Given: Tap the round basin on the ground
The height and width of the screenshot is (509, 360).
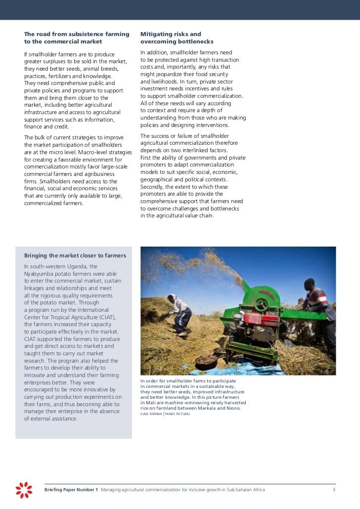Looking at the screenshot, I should (x=207, y=360).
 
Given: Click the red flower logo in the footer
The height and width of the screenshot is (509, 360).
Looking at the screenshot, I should (x=24, y=489).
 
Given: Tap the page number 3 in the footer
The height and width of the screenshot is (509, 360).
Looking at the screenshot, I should (x=334, y=490).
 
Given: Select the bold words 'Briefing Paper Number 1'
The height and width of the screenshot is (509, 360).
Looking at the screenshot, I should (x=71, y=490).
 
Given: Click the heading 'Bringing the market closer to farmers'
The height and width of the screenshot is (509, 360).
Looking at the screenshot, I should (x=75, y=255).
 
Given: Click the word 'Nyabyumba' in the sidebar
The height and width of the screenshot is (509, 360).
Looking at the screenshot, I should (x=41, y=274).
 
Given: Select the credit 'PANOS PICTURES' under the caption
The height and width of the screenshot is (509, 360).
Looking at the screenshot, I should (x=177, y=414).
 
